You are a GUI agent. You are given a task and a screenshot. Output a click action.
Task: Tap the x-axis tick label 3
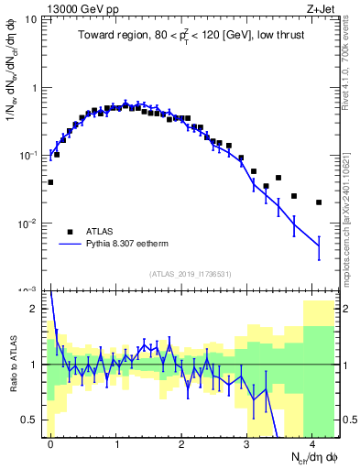247,443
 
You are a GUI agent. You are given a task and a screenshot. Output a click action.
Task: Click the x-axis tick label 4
312,443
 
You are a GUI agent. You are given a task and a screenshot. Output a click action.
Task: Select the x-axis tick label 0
50,443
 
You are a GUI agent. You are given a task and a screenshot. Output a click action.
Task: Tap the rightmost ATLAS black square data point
319,202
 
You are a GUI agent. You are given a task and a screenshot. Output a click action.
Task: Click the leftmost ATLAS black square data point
50,182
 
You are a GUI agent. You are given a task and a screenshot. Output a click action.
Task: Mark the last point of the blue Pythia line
319,245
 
